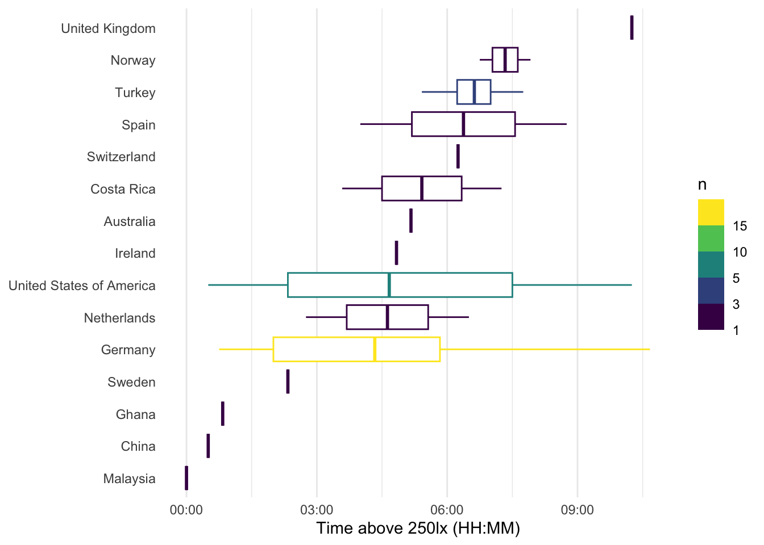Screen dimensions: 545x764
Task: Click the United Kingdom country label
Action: [108, 28]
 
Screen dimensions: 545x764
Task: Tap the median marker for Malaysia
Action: [186, 478]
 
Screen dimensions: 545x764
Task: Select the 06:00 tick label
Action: [447, 510]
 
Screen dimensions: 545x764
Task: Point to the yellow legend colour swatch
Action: [711, 212]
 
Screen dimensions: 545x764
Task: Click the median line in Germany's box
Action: [375, 349]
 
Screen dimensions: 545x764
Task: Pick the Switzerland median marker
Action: [458, 157]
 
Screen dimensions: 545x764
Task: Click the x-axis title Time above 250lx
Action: [418, 529]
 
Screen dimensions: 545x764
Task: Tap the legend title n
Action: [703, 185]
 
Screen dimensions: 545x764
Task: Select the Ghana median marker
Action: [223, 413]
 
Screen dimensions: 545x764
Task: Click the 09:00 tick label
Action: [577, 510]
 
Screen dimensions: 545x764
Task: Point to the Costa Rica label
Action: [123, 189]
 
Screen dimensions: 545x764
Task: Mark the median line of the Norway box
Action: [505, 60]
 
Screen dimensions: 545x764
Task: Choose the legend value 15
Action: [740, 226]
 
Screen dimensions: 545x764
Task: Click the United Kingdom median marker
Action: [632, 27]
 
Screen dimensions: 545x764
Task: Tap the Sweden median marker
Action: [288, 381]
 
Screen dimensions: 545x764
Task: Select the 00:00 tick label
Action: [186, 510]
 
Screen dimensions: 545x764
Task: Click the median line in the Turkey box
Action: [474, 92]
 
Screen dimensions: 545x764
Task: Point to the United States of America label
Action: [82, 286]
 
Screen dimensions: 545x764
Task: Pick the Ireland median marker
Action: [396, 253]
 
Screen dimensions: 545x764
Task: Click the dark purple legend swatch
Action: [711, 317]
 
